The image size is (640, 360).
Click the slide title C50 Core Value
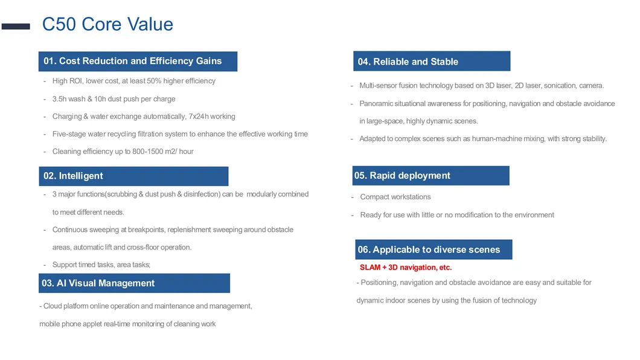(x=107, y=24)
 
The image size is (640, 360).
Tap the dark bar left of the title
(x=16, y=27)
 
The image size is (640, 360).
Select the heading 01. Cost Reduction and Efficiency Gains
(x=133, y=61)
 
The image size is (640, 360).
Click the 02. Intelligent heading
(x=73, y=176)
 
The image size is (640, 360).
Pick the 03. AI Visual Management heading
(x=98, y=283)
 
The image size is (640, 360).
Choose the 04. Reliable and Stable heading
(x=408, y=62)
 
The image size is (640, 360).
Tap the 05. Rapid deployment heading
(x=402, y=176)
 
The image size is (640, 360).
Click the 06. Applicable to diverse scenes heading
(x=429, y=250)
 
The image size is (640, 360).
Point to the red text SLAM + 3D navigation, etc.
(x=406, y=268)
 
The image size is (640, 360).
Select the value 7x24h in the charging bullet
(x=199, y=117)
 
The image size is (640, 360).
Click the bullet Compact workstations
(x=395, y=197)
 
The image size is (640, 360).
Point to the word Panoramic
(x=376, y=104)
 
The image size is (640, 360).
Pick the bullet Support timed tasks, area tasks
(x=101, y=265)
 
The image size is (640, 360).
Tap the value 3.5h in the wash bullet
(x=59, y=99)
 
